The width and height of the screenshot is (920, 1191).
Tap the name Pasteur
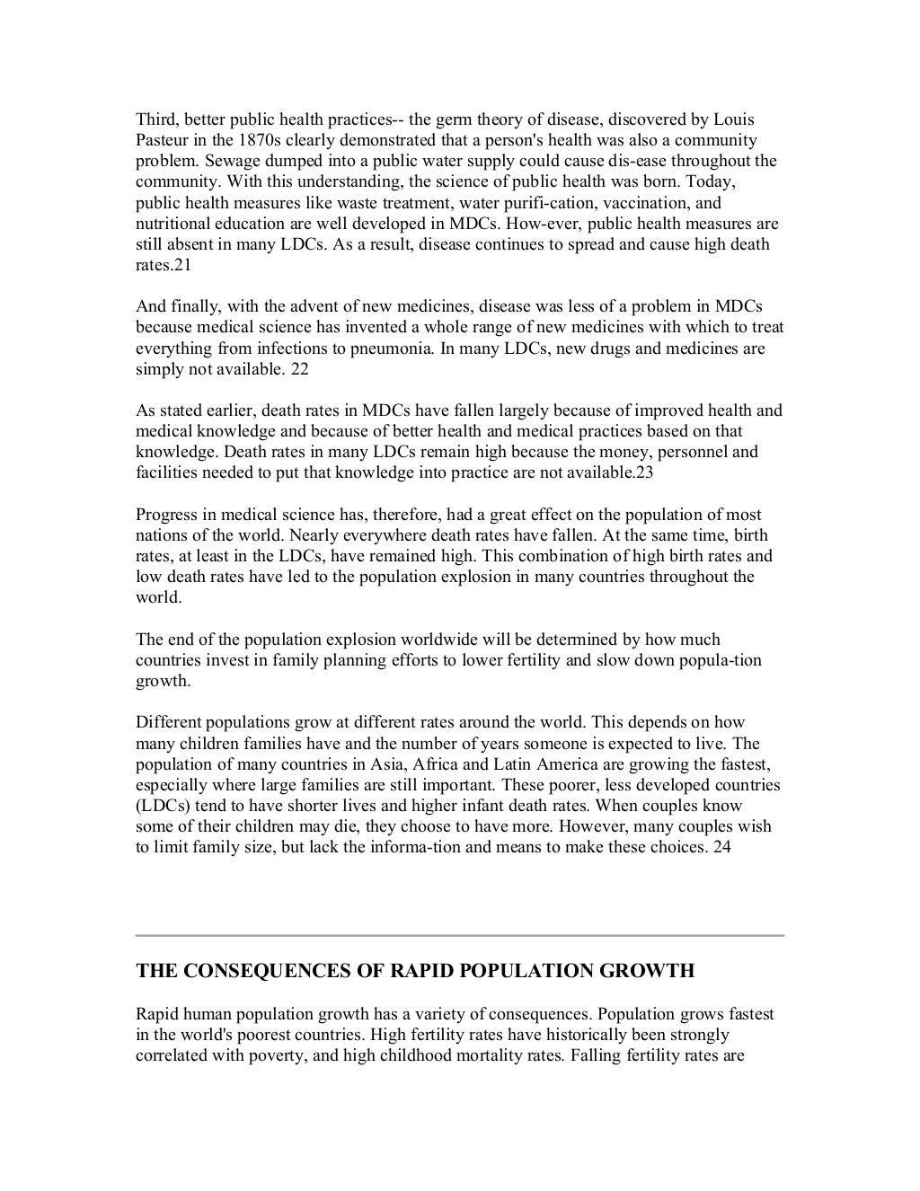click(x=164, y=140)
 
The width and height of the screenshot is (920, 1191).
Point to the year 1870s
click(x=261, y=140)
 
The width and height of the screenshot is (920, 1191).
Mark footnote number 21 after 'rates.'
click(x=183, y=265)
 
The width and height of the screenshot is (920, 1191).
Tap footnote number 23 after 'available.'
click(x=645, y=472)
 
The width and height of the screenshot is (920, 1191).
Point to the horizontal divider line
click(x=460, y=935)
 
